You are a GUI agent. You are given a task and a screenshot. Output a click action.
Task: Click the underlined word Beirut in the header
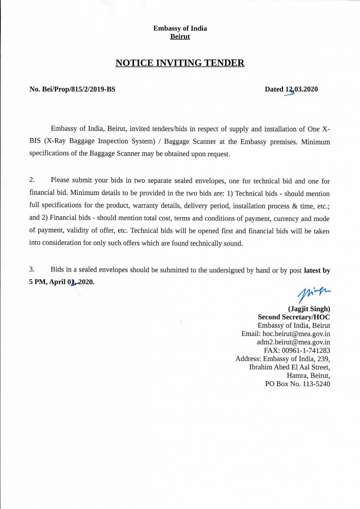point(180,37)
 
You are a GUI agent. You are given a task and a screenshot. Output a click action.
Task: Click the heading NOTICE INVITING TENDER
point(180,63)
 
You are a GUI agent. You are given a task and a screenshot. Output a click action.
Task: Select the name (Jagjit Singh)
point(309,309)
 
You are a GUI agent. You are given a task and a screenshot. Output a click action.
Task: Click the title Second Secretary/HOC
point(294,317)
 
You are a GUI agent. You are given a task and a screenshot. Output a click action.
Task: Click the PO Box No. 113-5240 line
point(297,384)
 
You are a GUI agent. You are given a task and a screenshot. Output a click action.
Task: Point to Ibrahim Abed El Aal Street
point(290,367)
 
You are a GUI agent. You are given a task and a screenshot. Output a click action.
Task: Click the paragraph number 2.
point(32,181)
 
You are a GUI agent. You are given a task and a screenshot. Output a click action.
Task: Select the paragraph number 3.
point(32,270)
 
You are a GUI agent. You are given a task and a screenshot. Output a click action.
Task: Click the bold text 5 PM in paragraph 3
point(38,282)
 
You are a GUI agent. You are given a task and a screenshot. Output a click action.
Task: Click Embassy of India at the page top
point(180,28)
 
